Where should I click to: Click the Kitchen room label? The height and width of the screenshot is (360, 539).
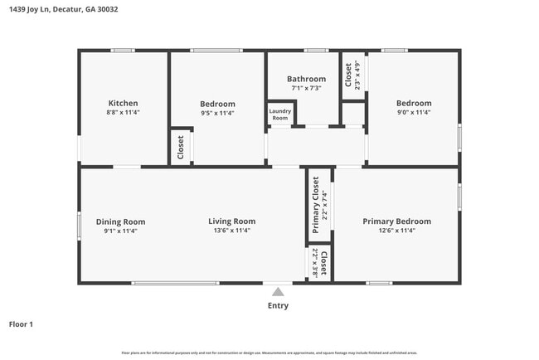click(x=122, y=104)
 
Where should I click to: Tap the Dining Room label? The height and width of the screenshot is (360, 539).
click(x=121, y=221)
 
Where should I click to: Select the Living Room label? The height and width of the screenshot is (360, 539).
click(x=231, y=221)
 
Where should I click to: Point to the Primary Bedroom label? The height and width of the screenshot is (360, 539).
click(x=396, y=221)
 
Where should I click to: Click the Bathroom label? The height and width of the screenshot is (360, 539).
click(x=306, y=79)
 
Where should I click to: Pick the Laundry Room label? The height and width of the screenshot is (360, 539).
click(x=279, y=115)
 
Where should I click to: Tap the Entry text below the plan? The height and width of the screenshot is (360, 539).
click(x=278, y=305)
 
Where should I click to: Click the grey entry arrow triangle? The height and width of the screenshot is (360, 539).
click(x=278, y=291)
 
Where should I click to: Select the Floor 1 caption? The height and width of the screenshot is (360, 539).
click(x=21, y=324)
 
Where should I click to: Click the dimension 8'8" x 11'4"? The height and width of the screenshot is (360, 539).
click(x=122, y=112)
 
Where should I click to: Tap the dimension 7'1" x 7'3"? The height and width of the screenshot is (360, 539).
click(x=306, y=88)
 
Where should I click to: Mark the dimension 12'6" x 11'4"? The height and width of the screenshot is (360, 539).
click(x=396, y=231)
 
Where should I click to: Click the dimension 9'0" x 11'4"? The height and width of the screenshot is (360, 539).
click(x=413, y=113)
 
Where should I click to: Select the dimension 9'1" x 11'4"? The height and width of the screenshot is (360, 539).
click(x=121, y=231)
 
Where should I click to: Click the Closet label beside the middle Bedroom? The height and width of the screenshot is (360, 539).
click(x=181, y=148)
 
